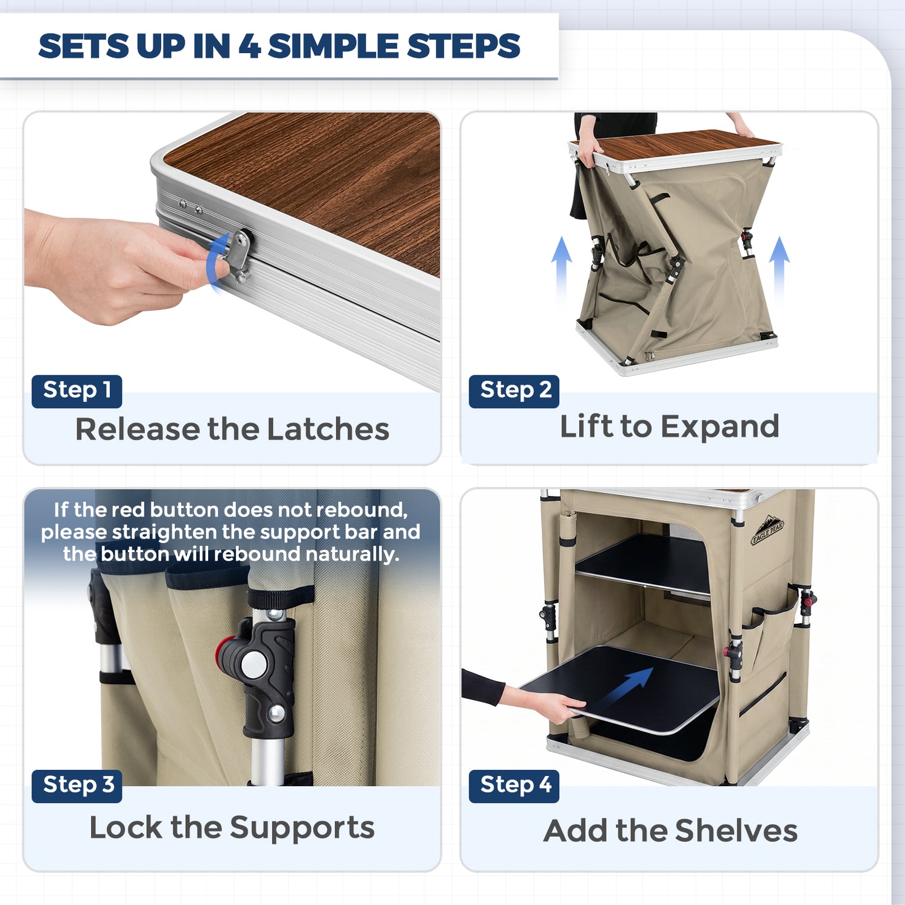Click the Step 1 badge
(x=77, y=391)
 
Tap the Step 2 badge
(x=514, y=391)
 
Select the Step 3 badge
(x=77, y=786)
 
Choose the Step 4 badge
(x=514, y=786)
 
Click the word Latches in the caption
(x=328, y=429)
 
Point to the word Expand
(x=720, y=428)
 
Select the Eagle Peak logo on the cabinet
(x=767, y=530)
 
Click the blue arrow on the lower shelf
(x=627, y=688)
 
